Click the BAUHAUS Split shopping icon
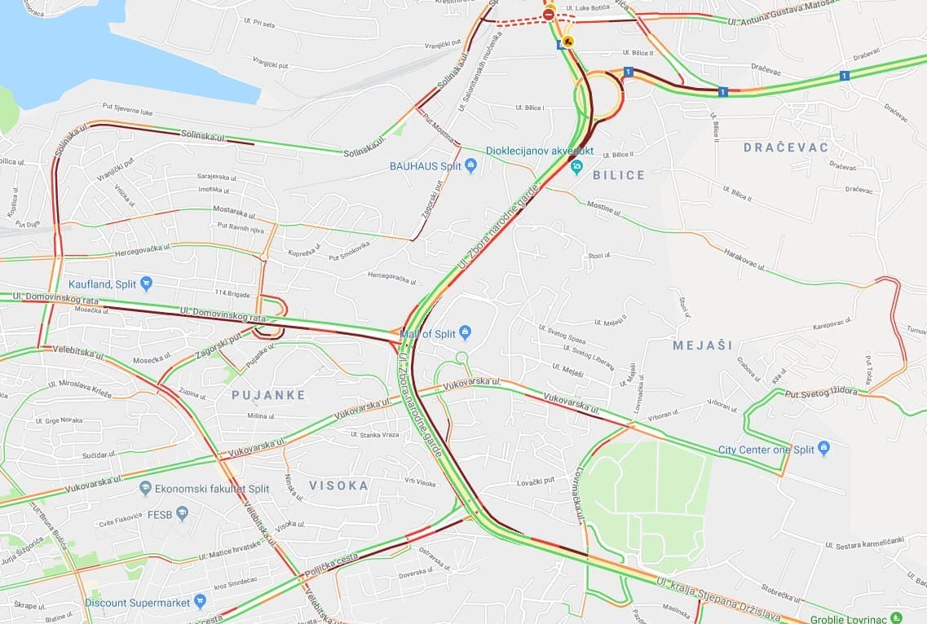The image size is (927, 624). click(470, 166)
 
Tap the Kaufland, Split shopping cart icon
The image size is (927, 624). click(146, 283)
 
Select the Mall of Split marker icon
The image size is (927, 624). click(466, 332)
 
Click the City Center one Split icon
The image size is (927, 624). click(823, 449)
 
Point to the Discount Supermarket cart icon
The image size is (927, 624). click(200, 602)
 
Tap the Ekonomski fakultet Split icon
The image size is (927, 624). click(145, 488)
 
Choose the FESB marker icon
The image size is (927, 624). click(182, 514)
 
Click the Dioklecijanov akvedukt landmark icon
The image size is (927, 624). click(577, 168)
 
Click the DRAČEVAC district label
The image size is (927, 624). click(785, 147)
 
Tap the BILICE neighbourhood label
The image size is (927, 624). click(618, 175)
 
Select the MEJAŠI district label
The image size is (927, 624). click(703, 345)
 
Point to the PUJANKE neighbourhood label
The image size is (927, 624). click(268, 395)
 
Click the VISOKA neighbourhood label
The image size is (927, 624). click(338, 486)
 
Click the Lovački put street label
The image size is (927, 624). click(535, 481)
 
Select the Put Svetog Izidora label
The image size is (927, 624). click(821, 392)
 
